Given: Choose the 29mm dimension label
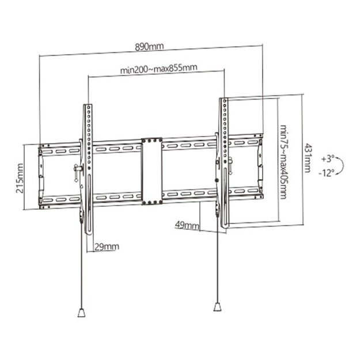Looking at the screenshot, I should pos(107,247).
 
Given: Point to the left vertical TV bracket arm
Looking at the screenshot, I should pos(88,167).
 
